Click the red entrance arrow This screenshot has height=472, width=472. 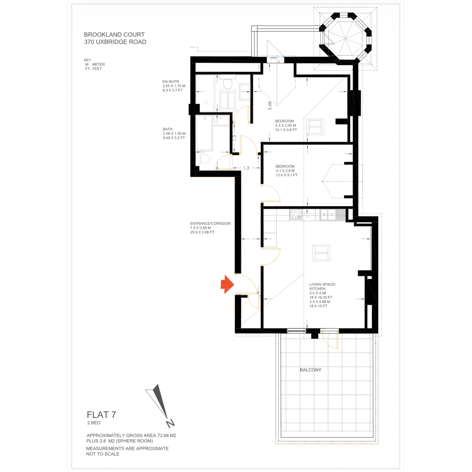pyautogui.click(x=227, y=284)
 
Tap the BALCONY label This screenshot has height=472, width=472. pyautogui.click(x=310, y=370)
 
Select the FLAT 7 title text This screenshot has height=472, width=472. pyautogui.click(x=101, y=415)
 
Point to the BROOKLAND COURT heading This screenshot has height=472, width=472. pyautogui.click(x=114, y=35)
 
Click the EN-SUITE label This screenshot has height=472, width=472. pyautogui.click(x=171, y=81)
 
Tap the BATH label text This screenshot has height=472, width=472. pyautogui.click(x=168, y=129)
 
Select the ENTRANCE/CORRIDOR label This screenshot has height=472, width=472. pyautogui.click(x=210, y=223)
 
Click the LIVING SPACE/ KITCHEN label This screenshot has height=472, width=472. pyautogui.click(x=323, y=286)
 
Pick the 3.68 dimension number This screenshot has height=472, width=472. pyautogui.click(x=269, y=105)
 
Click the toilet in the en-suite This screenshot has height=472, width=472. pyautogui.click(x=228, y=83)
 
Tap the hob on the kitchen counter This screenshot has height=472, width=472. pyautogui.click(x=296, y=215)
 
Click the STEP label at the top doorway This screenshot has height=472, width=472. pyautogui.click(x=273, y=58)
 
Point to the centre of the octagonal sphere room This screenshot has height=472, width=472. pyautogui.click(x=345, y=39)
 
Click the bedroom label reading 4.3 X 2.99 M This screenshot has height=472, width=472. pyautogui.click(x=286, y=125)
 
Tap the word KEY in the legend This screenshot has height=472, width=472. pyautogui.click(x=87, y=60)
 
